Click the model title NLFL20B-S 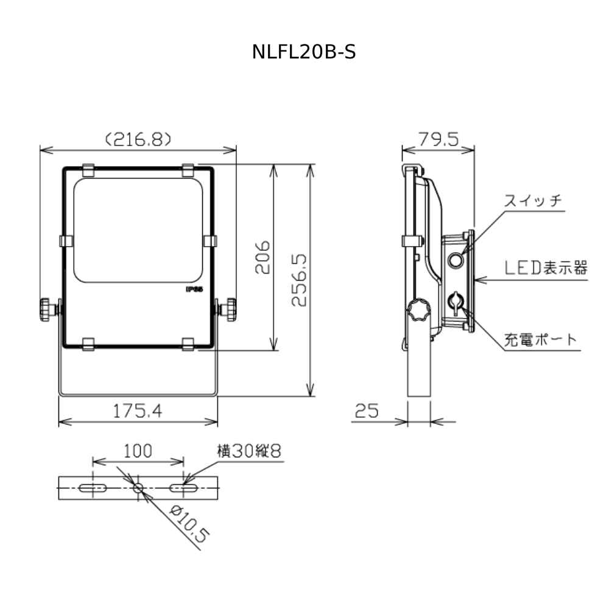pyautogui.click(x=304, y=52)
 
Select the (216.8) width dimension pyautogui.click(x=138, y=139)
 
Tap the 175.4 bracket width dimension pyautogui.click(x=138, y=412)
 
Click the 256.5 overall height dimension pyautogui.click(x=298, y=280)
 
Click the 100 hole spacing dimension pyautogui.click(x=138, y=451)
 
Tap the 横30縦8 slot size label pyautogui.click(x=250, y=451)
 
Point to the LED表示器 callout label pyautogui.click(x=546, y=268)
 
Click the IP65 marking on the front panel pyautogui.click(x=194, y=290)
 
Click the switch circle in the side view pyautogui.click(x=455, y=261)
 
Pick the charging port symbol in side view pyautogui.click(x=455, y=301)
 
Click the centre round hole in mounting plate pyautogui.click(x=138, y=488)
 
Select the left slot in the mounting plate pyautogui.click(x=93, y=488)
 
